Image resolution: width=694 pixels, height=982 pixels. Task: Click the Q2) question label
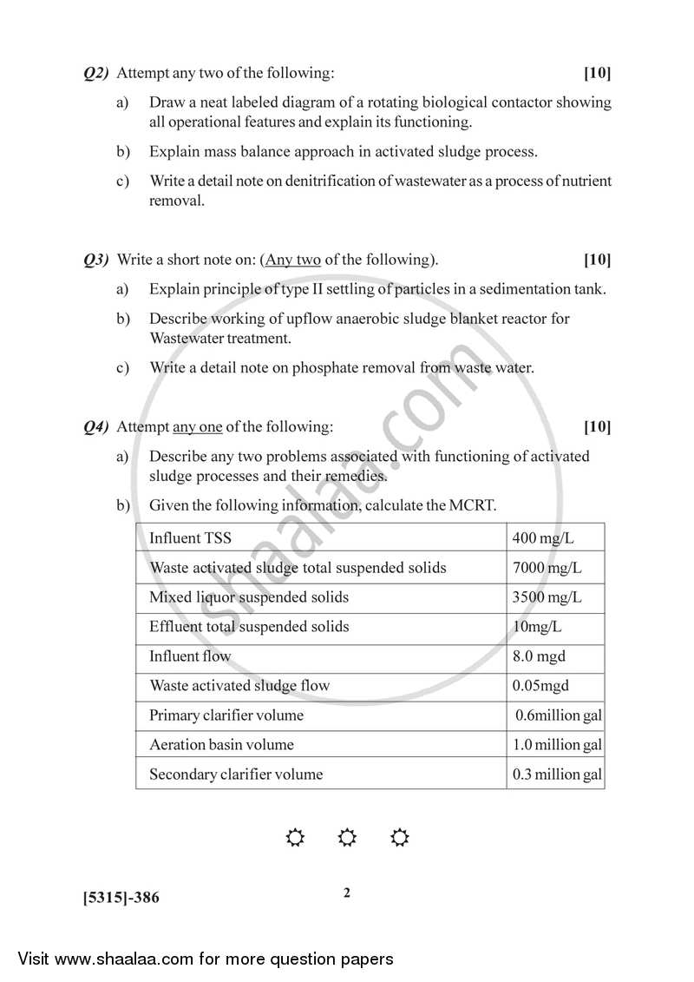pos(95,73)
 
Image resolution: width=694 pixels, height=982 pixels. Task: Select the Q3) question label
pos(95,260)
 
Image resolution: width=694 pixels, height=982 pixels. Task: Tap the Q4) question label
pos(95,426)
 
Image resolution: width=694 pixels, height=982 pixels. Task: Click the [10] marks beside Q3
pos(597,260)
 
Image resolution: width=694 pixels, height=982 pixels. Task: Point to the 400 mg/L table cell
pos(543,538)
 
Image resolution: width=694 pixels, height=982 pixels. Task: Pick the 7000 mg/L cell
pos(547,568)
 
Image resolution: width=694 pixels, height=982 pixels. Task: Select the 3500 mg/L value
pos(547,597)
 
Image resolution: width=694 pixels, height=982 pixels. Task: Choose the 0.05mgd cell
pos(540,686)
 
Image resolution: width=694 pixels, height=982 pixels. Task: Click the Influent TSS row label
pos(190,538)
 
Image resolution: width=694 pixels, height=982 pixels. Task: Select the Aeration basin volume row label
pos(221,745)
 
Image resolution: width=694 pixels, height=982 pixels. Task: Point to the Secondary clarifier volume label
pos(235,774)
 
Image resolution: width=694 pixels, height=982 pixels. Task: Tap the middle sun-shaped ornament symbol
pos(347,838)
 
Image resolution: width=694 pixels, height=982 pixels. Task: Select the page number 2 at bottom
pos(347,893)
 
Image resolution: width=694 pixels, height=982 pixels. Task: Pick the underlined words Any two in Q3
pos(293,260)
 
